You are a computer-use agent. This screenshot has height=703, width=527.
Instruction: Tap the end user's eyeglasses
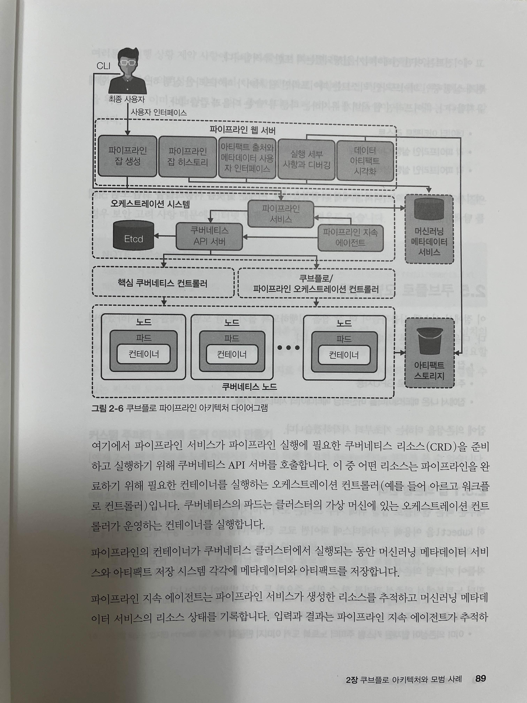[128, 63]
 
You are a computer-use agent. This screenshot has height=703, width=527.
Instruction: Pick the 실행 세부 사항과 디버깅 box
[306, 160]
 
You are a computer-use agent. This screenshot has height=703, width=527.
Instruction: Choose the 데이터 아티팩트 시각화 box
[365, 161]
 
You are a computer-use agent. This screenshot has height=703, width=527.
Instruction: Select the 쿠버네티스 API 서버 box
[209, 236]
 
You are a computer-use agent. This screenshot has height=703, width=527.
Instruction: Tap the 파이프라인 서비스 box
[281, 214]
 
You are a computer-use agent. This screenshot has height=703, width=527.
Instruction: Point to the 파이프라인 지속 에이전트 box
[350, 238]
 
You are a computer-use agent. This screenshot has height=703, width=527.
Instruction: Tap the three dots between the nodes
[288, 348]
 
